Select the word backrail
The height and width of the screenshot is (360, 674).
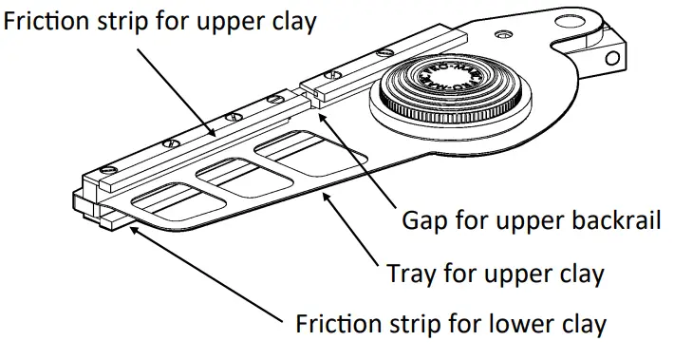coord(605,222)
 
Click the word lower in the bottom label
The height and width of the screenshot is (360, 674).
coord(512,324)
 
